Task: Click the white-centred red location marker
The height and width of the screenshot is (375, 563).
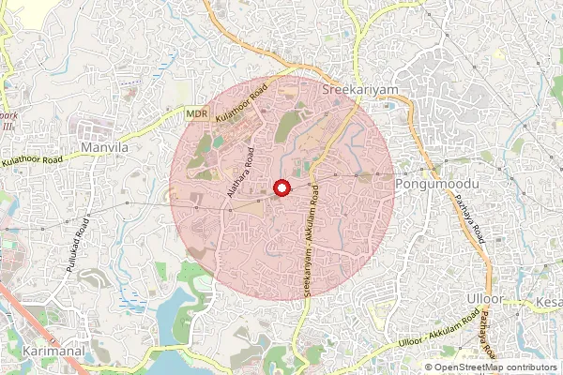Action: tap(281, 188)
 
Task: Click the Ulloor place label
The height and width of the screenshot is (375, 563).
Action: tap(485, 298)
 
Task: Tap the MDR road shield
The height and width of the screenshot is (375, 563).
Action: tap(196, 112)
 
